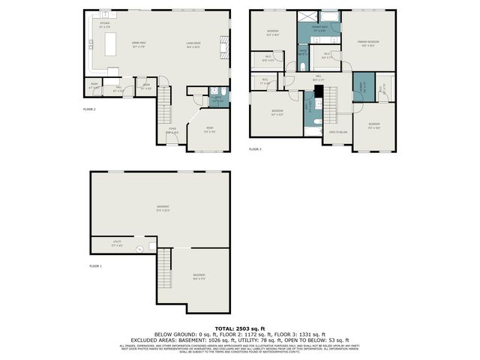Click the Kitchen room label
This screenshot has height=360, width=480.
(x=105, y=23)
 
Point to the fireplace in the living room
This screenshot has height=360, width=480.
(x=223, y=51)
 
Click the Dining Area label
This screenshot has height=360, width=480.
(x=139, y=43)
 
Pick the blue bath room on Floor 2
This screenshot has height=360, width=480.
(x=217, y=97)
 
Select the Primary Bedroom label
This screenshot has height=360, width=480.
(x=367, y=42)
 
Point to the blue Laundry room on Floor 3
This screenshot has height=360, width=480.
(x=361, y=86)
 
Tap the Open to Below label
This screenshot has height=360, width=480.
(x=338, y=132)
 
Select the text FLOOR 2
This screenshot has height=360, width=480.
(x=89, y=109)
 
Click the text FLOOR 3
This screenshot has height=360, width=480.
(x=255, y=149)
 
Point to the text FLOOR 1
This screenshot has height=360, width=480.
(x=95, y=266)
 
